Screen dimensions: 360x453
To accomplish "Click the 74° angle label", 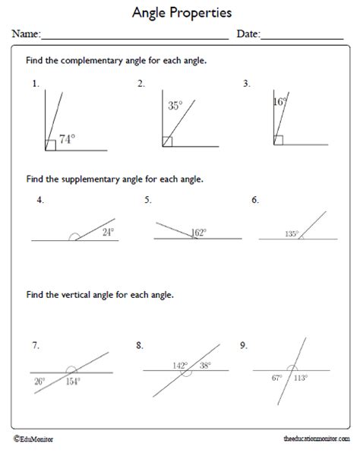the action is click(x=68, y=139).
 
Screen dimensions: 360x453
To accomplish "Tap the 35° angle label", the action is click(x=175, y=107).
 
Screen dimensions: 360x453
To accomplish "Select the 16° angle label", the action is click(x=279, y=100).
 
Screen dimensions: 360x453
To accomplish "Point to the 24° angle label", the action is click(x=108, y=233).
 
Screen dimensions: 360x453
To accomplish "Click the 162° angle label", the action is click(x=200, y=233).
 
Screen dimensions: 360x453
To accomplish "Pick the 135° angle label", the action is click(x=291, y=234).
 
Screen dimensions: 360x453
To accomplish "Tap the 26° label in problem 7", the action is click(x=39, y=382).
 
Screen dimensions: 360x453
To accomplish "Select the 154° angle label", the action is click(x=73, y=382).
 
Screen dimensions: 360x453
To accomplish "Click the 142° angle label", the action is click(x=179, y=365).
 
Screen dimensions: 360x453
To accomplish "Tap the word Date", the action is click(x=248, y=34).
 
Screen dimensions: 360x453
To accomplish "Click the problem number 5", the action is click(x=147, y=200).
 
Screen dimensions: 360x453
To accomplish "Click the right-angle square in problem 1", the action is click(x=50, y=144).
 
